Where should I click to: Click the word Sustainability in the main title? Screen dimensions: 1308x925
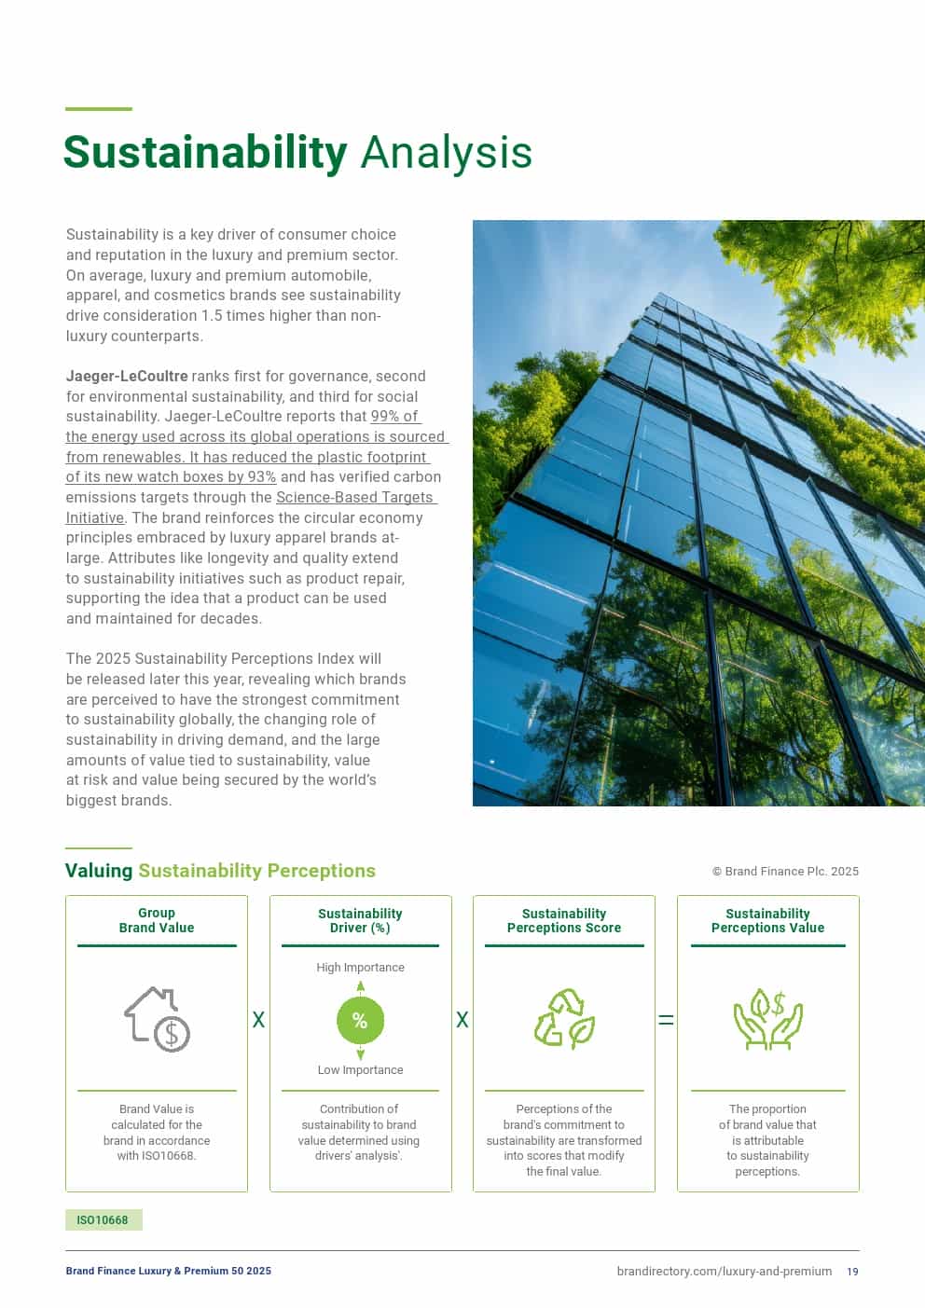click(x=205, y=153)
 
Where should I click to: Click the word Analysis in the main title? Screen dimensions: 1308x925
click(x=446, y=153)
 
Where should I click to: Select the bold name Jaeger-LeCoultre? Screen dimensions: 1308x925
click(x=127, y=377)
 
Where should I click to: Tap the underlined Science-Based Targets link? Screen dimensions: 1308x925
click(x=354, y=498)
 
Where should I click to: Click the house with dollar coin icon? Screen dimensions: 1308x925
click(x=157, y=1020)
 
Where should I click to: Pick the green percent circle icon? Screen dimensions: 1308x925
click(x=360, y=1020)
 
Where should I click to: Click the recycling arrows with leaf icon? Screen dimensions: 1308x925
click(x=564, y=1020)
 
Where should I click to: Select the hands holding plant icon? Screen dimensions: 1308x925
click(x=767, y=1020)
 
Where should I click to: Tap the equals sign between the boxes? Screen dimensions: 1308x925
click(x=666, y=1020)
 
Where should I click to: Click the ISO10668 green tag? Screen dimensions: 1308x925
click(x=103, y=1220)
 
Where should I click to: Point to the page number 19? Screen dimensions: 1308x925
click(x=852, y=1272)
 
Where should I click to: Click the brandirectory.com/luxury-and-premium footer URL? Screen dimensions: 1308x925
click(x=724, y=1272)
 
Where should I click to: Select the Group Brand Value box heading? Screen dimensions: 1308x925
click(x=157, y=921)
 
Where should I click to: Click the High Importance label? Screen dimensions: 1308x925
click(x=360, y=968)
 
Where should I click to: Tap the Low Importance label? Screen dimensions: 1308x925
click(x=360, y=1070)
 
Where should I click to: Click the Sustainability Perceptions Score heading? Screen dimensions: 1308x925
click(x=564, y=921)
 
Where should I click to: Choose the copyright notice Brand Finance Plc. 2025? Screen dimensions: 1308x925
click(x=785, y=872)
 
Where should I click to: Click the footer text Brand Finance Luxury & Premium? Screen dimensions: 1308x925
click(x=168, y=1272)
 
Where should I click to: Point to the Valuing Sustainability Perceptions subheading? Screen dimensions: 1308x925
click(x=220, y=871)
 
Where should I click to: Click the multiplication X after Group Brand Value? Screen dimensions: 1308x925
click(x=258, y=1020)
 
